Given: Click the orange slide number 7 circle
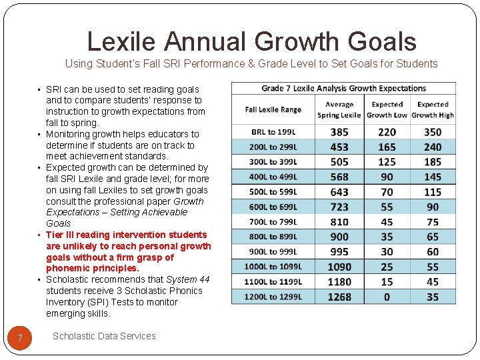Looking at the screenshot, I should [x=20, y=339].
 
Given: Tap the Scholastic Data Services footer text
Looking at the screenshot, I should [x=104, y=336].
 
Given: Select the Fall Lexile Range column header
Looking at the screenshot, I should [x=273, y=109].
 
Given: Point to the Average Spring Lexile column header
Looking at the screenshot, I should [x=339, y=109].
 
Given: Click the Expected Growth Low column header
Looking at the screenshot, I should [x=387, y=109].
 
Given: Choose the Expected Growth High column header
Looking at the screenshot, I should [x=433, y=109].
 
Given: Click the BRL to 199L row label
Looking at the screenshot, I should [x=273, y=132].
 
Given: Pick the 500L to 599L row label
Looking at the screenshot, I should [x=273, y=192].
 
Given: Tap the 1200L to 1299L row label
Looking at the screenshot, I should [x=273, y=297].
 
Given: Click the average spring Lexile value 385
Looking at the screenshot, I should [x=339, y=132].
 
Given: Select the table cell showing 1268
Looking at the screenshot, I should [x=339, y=297].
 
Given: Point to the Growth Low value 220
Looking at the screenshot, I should [x=387, y=132].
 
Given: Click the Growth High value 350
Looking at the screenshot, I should [x=433, y=132].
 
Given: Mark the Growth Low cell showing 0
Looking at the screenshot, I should [x=387, y=297].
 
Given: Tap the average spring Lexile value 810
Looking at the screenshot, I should [x=339, y=222].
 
